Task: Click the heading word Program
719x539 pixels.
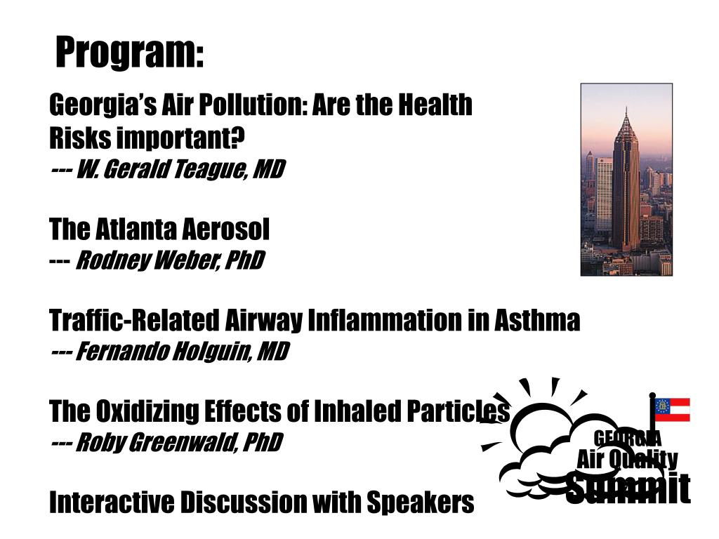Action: [129, 53]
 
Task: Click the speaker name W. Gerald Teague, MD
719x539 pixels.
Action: [179, 169]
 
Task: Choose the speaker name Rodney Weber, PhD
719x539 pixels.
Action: [169, 261]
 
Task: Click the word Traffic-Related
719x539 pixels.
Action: [134, 321]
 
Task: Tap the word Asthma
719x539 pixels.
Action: [537, 321]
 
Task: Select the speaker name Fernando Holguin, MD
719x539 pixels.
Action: [181, 351]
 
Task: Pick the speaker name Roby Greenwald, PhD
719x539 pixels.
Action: [178, 443]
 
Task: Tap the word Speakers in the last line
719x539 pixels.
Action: [428, 503]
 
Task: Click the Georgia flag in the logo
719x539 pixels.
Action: [672, 410]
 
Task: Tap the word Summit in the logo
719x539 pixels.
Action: [628, 488]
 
